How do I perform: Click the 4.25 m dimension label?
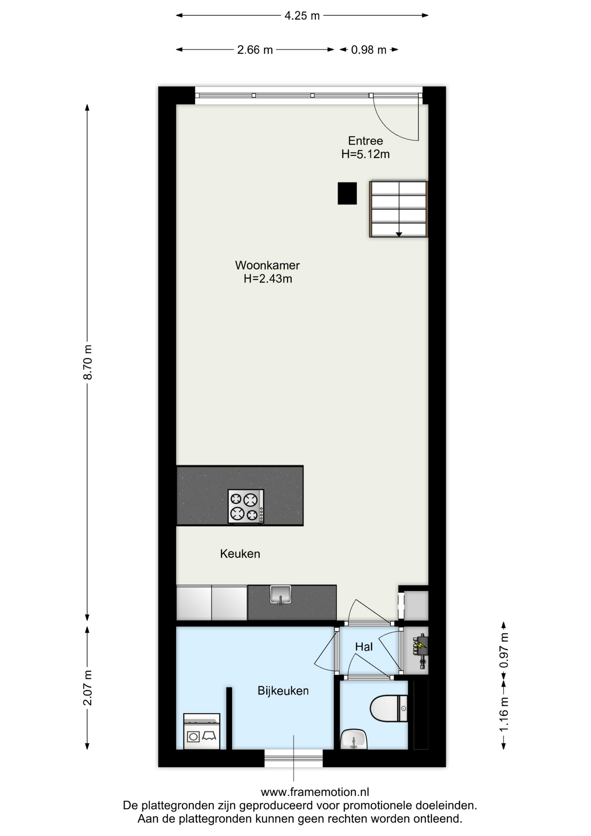click(x=302, y=16)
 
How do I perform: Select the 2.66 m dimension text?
click(x=255, y=50)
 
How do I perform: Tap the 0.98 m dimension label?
click(x=369, y=50)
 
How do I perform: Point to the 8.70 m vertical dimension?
click(x=87, y=362)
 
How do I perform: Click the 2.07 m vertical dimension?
click(x=87, y=688)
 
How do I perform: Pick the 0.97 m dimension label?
click(x=504, y=650)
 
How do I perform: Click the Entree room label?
click(x=366, y=141)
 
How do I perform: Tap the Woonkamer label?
click(x=267, y=265)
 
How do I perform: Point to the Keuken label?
click(x=240, y=554)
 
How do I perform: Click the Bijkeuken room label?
click(x=283, y=691)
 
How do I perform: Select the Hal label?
click(x=364, y=647)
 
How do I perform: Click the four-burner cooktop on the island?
click(x=246, y=506)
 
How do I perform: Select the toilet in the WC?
click(x=389, y=708)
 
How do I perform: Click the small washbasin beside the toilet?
click(x=354, y=739)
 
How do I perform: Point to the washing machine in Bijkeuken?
click(x=201, y=731)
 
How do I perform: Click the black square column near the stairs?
click(x=347, y=193)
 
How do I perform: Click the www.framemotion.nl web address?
click(x=315, y=792)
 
